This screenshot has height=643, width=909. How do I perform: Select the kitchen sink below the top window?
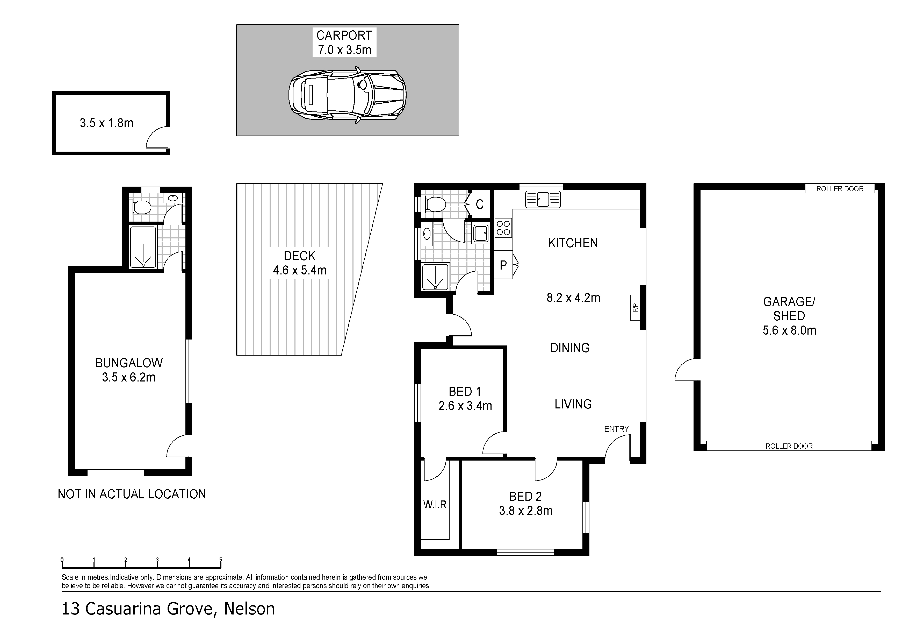pos(543,199)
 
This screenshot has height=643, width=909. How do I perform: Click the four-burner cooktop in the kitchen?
pos(503,228)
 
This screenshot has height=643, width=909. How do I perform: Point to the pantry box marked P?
pos(503,265)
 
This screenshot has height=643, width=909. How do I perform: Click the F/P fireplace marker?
pos(635,307)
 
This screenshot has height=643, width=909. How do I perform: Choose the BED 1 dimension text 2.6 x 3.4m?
pos(465,406)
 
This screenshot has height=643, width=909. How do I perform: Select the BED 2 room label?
pos(525,496)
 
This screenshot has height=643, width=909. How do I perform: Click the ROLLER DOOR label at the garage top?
pos(840,189)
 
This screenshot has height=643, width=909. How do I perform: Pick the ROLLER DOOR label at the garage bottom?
pos(789,446)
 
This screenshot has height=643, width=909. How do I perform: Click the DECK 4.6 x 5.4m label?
pos(300,263)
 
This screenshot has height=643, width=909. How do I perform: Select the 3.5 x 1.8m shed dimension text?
pos(106,123)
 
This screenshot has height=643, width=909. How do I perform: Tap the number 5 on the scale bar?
pos(221,560)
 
